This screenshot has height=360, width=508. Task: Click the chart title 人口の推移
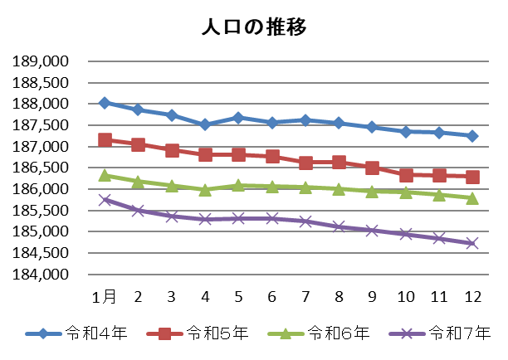click(x=254, y=27)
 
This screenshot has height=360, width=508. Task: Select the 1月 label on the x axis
click(x=105, y=296)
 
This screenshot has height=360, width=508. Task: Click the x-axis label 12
click(x=472, y=296)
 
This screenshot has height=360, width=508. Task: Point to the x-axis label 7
click(x=305, y=296)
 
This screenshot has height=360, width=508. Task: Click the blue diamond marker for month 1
click(x=105, y=103)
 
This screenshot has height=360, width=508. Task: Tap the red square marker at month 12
click(x=472, y=177)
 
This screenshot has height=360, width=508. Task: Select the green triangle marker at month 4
click(x=205, y=189)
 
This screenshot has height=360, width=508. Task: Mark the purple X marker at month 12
click(x=472, y=243)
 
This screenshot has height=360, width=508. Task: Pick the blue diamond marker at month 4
click(x=205, y=124)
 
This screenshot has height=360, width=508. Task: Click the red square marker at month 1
click(x=105, y=140)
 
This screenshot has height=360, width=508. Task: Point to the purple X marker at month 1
click(x=105, y=199)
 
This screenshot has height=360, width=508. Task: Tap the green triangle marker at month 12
click(x=472, y=197)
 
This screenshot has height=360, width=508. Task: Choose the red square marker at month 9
click(x=373, y=168)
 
